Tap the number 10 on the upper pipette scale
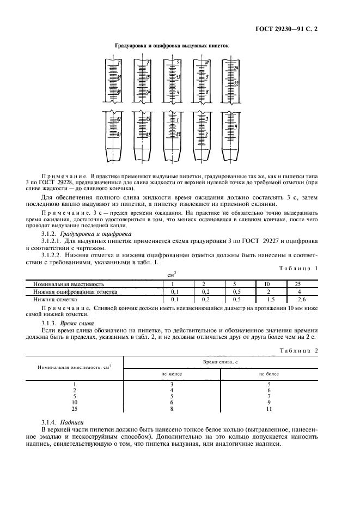pos(207,63)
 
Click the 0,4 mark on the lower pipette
pos(148,119)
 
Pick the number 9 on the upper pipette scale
pos(207,77)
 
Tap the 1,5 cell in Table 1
pos(268,299)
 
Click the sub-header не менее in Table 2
pos(172,375)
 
